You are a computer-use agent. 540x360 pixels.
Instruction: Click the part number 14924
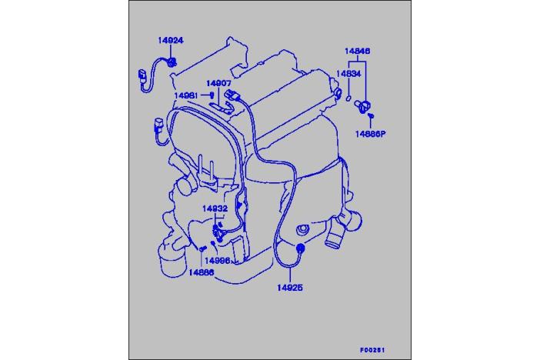[171, 40]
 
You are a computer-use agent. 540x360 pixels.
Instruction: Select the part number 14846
[358, 51]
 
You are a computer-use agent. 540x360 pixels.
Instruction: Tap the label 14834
[348, 73]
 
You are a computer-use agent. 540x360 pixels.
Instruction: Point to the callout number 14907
[218, 83]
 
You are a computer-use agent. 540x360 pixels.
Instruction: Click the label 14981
[186, 95]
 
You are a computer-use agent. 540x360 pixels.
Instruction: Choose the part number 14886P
[371, 134]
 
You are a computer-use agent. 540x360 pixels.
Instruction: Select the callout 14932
[215, 208]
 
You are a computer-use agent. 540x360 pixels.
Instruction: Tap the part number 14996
[218, 261]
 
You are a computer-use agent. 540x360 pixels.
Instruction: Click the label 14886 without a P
[201, 272]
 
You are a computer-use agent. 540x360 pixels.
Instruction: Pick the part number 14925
[290, 288]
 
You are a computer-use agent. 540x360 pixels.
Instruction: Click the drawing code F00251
[372, 350]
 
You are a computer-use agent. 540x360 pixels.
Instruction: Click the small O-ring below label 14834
[348, 98]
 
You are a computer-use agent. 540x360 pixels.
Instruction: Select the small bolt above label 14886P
[371, 116]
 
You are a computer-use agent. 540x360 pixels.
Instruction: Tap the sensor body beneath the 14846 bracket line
[362, 105]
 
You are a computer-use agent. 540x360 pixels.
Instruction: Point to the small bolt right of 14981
[212, 95]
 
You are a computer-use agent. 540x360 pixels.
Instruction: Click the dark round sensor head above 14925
[300, 248]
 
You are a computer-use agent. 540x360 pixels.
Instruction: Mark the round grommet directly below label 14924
[172, 62]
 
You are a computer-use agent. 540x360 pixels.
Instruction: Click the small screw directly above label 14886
[202, 248]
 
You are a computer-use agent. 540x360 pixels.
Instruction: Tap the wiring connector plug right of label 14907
[232, 95]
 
